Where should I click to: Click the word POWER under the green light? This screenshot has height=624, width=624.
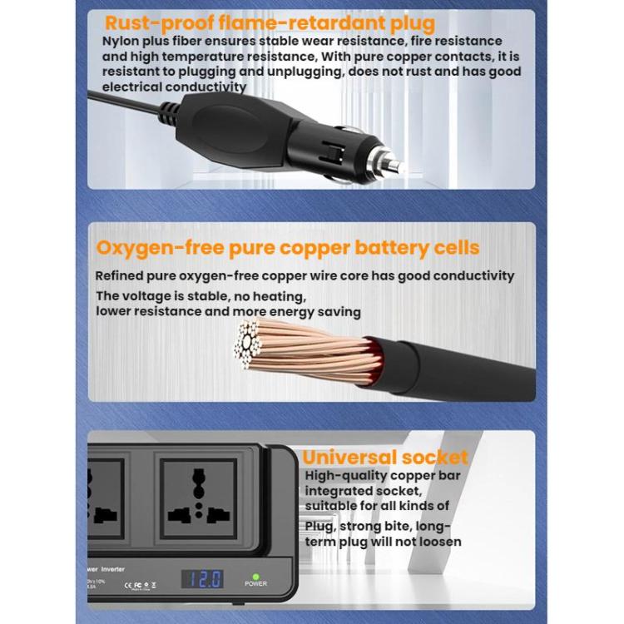(x=255, y=585)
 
